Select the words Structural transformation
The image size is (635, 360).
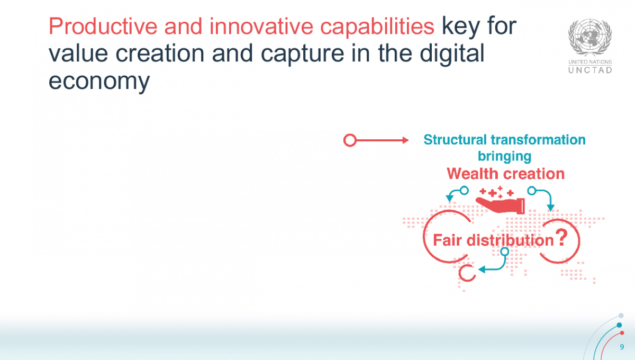click(x=504, y=140)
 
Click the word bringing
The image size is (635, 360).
click(x=504, y=156)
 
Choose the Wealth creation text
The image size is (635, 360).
click(x=505, y=174)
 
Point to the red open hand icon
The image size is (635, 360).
click(x=500, y=204)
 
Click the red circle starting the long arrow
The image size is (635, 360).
click(x=349, y=140)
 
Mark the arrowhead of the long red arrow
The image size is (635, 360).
click(x=405, y=140)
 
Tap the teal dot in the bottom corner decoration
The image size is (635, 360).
click(x=619, y=325)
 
